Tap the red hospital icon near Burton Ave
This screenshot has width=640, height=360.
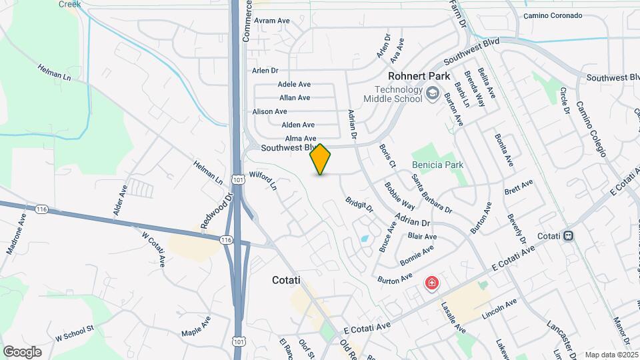(432, 284)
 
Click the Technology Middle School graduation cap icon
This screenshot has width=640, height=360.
(433, 93)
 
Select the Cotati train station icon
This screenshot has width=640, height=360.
(568, 235)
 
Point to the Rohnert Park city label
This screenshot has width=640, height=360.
(416, 76)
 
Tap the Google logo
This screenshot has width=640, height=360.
(22, 351)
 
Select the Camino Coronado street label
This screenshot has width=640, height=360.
(553, 15)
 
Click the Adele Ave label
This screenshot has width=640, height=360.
(294, 85)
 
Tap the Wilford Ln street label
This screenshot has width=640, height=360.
(263, 181)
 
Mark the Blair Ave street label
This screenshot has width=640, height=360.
(422, 237)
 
